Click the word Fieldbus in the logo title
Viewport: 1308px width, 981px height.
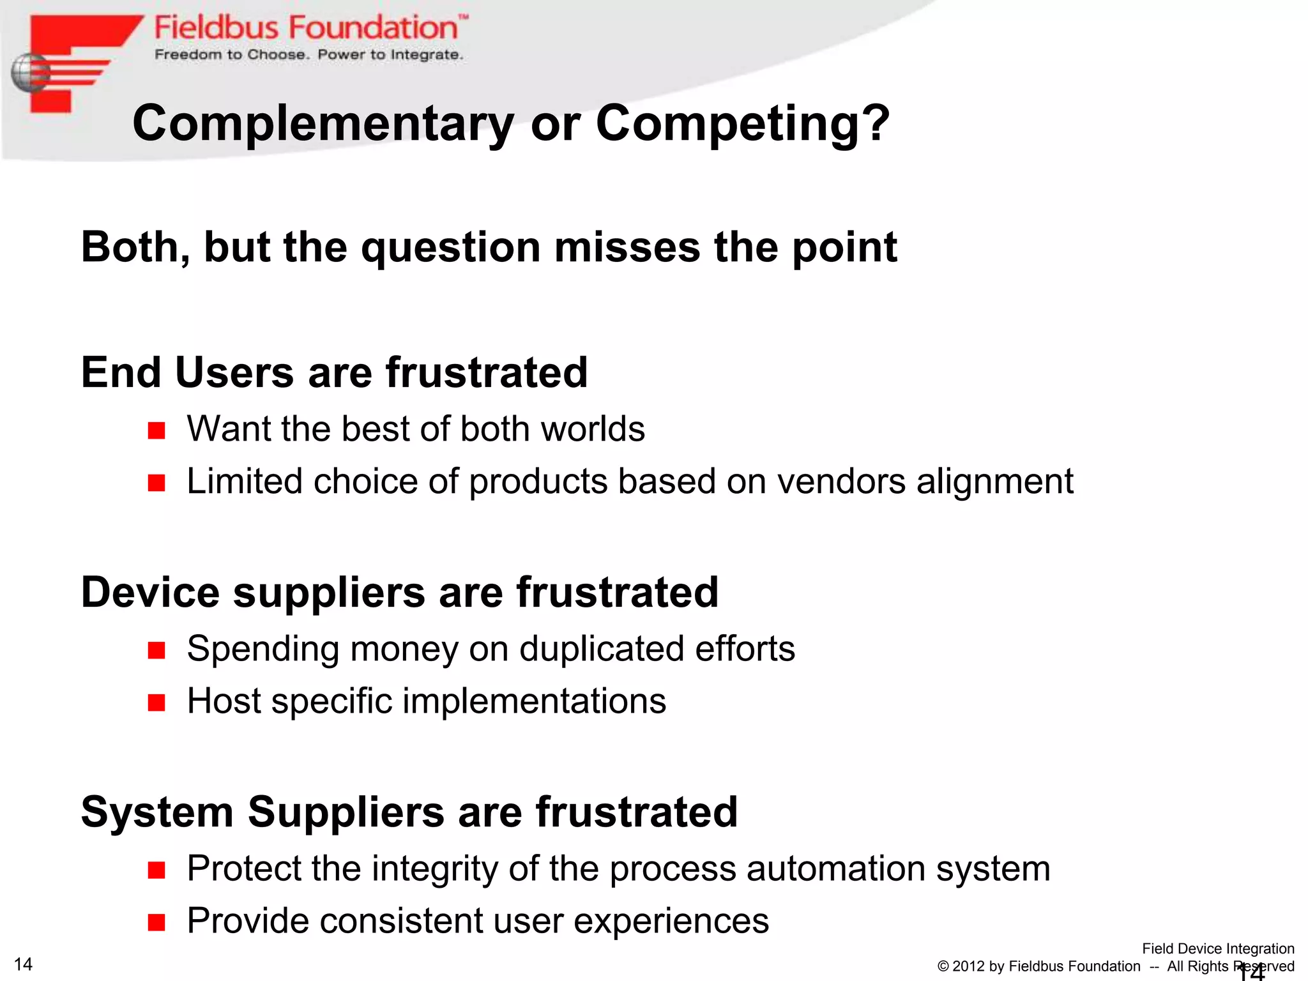217,28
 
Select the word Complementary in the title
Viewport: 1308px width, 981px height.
323,124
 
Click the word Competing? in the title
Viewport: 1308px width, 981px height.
742,124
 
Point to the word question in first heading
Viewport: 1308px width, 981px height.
450,248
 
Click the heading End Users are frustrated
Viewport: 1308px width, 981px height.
334,372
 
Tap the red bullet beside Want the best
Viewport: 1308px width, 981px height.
156,430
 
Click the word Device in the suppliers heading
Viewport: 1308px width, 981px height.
150,592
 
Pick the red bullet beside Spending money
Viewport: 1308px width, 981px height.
156,651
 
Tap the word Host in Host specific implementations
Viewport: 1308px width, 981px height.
224,701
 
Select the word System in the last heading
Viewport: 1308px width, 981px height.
156,812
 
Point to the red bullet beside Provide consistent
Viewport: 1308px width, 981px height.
156,922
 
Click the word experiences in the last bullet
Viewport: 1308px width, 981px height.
671,922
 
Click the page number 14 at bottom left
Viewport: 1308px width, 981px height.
23,964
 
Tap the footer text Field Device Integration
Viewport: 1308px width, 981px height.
1217,948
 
